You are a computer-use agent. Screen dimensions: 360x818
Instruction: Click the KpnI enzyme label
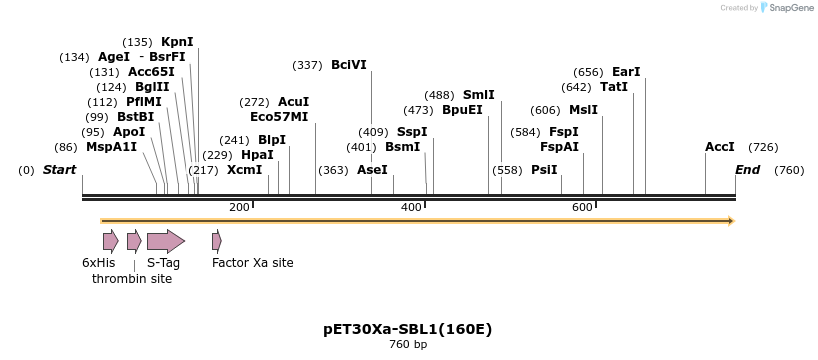point(177,42)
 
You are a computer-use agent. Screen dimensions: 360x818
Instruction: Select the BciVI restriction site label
point(349,65)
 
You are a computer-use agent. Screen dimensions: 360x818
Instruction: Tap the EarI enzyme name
point(626,72)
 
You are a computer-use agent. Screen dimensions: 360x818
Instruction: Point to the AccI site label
point(720,147)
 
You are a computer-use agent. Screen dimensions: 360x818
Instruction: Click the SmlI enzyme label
point(478,95)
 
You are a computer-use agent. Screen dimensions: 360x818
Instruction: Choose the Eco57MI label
point(279,117)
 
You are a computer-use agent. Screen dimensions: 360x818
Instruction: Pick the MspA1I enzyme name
point(111,147)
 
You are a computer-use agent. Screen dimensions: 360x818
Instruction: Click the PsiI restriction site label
point(544,170)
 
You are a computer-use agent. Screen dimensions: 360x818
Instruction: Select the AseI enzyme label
point(372,170)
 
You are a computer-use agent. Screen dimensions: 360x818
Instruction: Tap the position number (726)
point(763,147)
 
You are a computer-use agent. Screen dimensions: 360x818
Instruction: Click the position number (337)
point(307,65)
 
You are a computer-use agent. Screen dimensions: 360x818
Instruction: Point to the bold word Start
point(59,170)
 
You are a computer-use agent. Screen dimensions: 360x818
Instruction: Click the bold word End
point(748,170)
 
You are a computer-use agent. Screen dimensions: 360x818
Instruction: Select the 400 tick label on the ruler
point(411,207)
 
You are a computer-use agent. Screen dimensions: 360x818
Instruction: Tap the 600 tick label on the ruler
point(583,207)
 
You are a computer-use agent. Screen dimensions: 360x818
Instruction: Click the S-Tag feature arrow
point(165,241)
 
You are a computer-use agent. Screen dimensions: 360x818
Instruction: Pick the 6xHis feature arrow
point(110,241)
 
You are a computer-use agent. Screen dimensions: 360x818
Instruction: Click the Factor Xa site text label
point(253,263)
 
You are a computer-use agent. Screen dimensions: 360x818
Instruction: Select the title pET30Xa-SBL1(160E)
point(408,329)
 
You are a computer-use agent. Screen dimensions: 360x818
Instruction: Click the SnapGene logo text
point(789,8)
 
